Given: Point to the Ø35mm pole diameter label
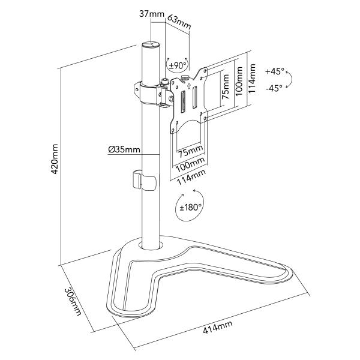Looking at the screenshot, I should (125, 150).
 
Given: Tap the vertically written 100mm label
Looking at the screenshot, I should (239, 80).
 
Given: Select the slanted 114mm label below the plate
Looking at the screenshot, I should (191, 175).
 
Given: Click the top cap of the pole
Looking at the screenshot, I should (151, 46).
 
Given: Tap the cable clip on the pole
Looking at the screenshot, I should (142, 180).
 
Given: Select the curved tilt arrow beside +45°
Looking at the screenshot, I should (290, 79).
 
